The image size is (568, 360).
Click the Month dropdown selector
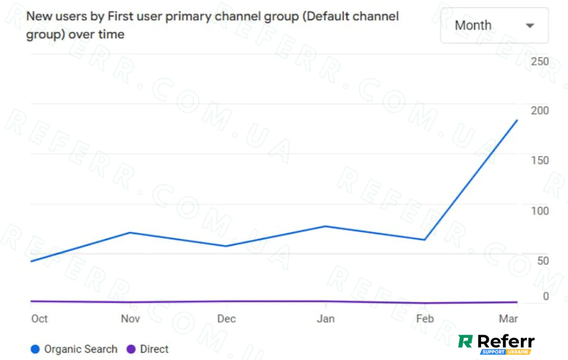[x=494, y=25]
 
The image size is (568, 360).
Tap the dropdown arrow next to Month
[x=529, y=25]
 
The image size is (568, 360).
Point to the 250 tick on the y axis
[x=540, y=61]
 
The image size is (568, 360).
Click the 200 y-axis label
[x=540, y=111]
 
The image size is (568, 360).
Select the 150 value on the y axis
[x=540, y=160]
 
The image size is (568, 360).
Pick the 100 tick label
[x=540, y=211]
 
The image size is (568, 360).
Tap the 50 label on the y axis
[x=543, y=260]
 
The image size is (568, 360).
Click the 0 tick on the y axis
[x=546, y=296]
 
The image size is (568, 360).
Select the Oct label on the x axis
[x=39, y=319]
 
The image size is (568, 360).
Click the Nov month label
[x=130, y=319]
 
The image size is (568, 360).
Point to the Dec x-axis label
[x=226, y=319]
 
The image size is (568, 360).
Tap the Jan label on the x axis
[x=325, y=319]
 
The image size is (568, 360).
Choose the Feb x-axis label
[x=425, y=319]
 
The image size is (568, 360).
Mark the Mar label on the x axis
[x=509, y=319]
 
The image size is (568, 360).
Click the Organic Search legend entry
[x=74, y=349]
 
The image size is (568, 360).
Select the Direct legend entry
[x=148, y=349]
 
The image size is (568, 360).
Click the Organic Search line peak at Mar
[x=517, y=120]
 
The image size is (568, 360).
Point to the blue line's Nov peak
[x=130, y=232]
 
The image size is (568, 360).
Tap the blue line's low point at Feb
[x=425, y=240]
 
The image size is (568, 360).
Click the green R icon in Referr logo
[x=465, y=341]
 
